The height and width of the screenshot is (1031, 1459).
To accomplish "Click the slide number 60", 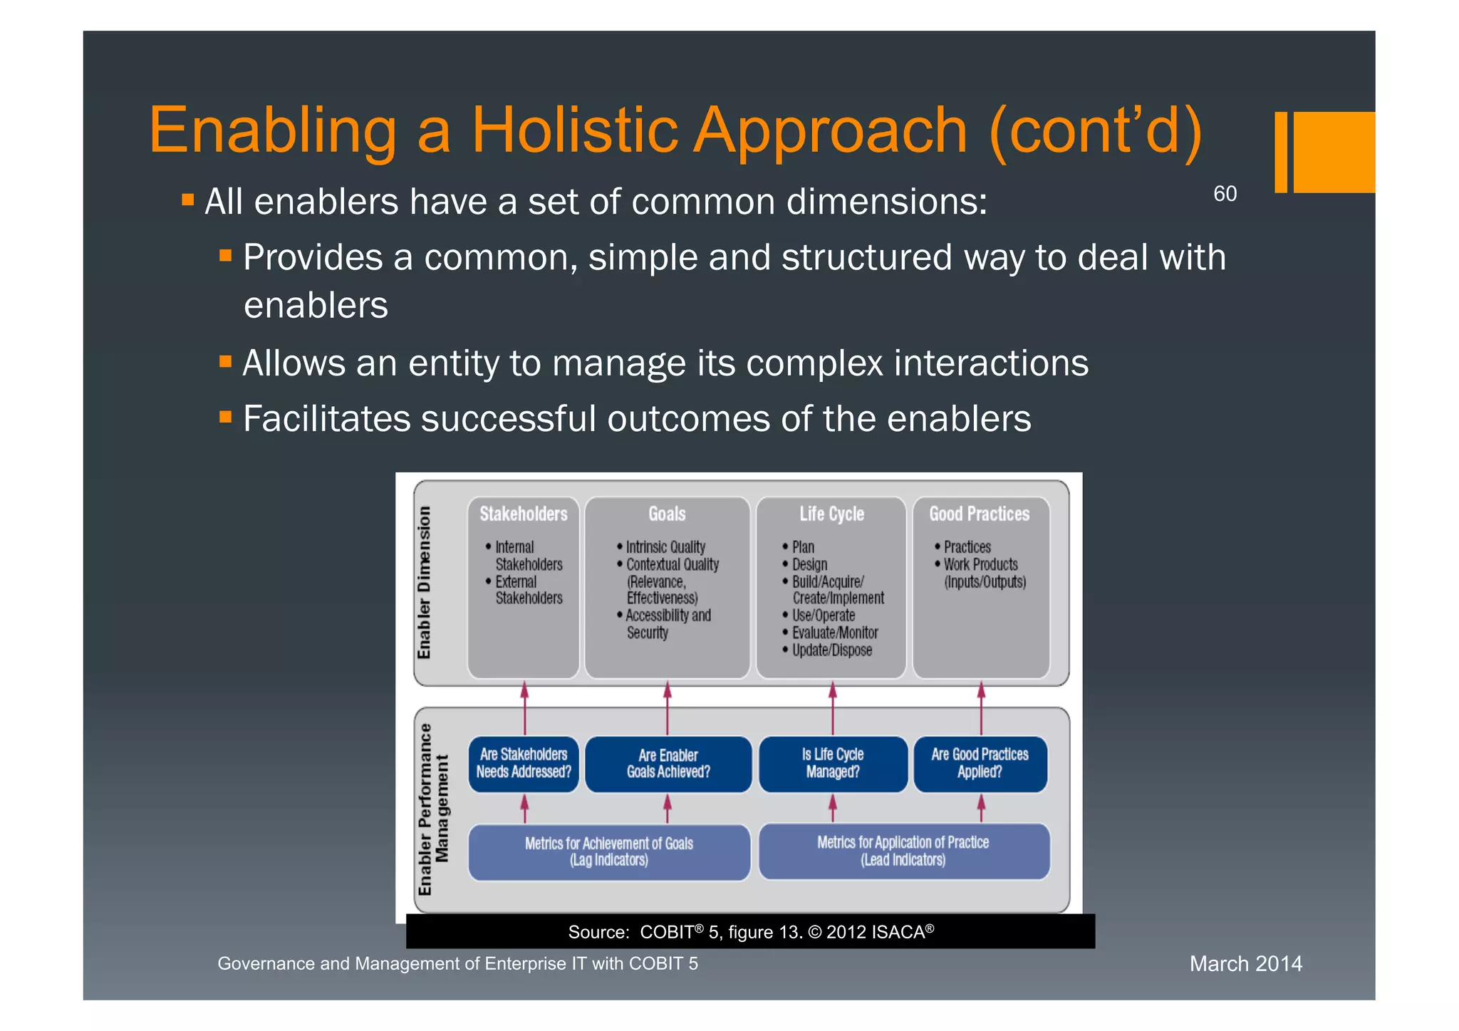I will click(x=1225, y=194).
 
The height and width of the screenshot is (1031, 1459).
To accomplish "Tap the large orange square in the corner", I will click(x=1334, y=152).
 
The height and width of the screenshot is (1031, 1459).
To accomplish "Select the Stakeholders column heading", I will click(x=523, y=514).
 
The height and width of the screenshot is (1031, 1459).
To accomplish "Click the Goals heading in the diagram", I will click(x=667, y=514).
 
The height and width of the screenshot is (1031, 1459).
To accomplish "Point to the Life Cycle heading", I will click(x=831, y=514).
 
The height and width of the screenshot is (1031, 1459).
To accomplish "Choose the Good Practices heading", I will click(x=979, y=514).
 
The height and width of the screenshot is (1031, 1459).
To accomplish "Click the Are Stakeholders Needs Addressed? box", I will click(x=524, y=763).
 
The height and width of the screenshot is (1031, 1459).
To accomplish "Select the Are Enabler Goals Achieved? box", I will click(x=668, y=764).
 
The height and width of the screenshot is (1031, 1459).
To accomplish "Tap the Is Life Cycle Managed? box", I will click(x=833, y=763).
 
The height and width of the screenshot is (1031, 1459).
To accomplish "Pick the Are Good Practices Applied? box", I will click(x=980, y=763).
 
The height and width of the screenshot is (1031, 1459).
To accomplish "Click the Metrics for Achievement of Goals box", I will click(x=609, y=851).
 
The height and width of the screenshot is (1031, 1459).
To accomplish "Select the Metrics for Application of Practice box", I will click(x=903, y=851).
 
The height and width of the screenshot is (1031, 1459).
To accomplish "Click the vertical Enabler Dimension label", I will click(x=425, y=582).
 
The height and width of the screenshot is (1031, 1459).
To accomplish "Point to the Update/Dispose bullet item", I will click(x=831, y=650).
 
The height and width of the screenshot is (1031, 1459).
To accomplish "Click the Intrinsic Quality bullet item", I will click(x=665, y=547).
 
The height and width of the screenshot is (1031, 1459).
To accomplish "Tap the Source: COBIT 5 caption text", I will click(x=750, y=932).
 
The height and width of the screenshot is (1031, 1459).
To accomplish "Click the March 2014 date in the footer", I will click(x=1245, y=964).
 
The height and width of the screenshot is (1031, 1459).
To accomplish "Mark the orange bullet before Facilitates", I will click(x=226, y=417).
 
